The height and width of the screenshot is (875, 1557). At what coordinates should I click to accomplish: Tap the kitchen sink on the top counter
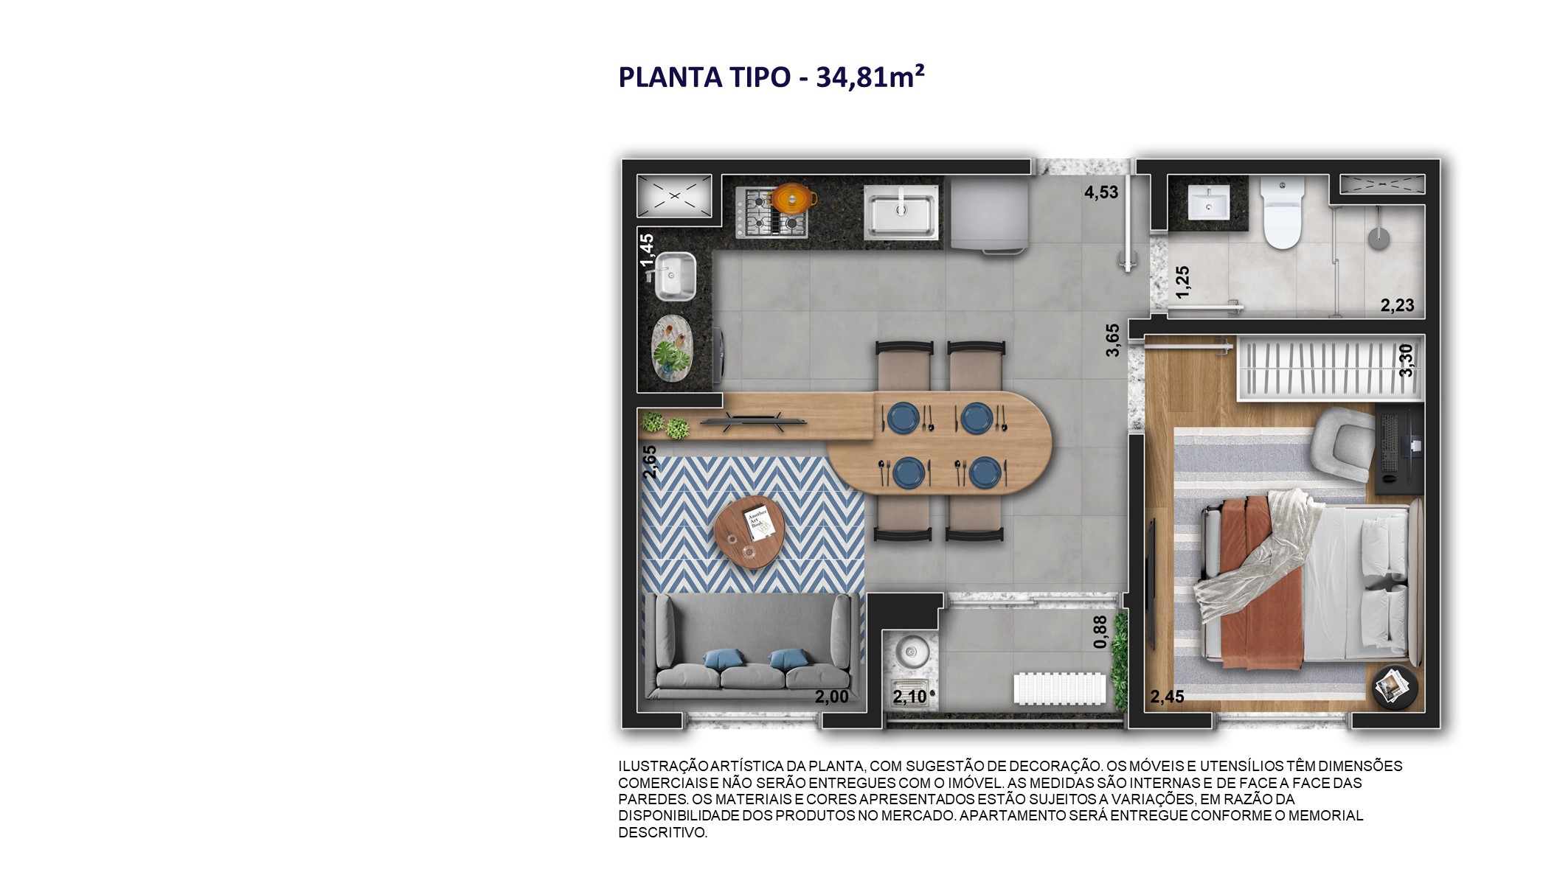(901, 212)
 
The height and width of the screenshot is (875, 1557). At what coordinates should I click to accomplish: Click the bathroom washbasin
(1208, 202)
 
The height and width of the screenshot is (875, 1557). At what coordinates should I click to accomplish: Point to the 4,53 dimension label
(1100, 192)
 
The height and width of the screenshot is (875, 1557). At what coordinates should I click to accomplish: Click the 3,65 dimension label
(1112, 340)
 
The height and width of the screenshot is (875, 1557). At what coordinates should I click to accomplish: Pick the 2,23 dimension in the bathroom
(1397, 305)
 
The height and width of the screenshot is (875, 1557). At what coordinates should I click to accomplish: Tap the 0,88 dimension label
(1100, 632)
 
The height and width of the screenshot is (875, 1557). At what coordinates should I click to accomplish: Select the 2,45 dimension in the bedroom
(1167, 697)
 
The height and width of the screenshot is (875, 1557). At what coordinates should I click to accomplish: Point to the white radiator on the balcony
(1059, 689)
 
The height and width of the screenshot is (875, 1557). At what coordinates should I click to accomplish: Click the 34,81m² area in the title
(870, 77)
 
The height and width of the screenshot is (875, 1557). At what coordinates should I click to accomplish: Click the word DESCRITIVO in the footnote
(662, 832)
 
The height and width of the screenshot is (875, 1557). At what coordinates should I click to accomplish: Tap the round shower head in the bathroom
(1378, 238)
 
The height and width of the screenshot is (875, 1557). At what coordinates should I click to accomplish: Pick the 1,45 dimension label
(647, 251)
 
